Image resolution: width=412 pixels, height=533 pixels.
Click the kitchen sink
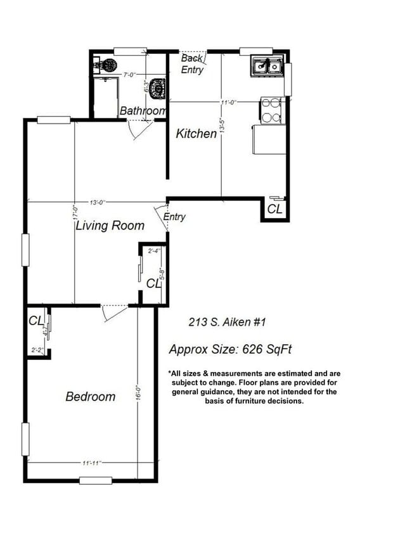(267, 65)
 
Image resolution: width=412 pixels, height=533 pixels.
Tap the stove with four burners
(271, 110)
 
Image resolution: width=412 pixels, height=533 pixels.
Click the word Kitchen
(196, 134)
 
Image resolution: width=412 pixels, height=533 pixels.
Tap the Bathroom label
(143, 111)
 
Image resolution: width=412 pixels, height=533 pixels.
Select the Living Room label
(110, 225)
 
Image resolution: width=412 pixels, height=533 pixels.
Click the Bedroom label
(91, 397)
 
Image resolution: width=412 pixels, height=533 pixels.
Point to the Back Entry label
(192, 64)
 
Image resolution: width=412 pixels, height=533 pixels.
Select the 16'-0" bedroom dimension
(138, 392)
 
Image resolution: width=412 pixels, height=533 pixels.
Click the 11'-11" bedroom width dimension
(91, 463)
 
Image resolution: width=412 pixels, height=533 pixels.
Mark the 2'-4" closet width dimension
(154, 251)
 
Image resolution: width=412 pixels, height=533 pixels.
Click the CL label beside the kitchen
(275, 209)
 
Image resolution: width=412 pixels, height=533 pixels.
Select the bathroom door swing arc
(139, 129)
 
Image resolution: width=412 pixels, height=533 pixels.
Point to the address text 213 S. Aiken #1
(226, 323)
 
